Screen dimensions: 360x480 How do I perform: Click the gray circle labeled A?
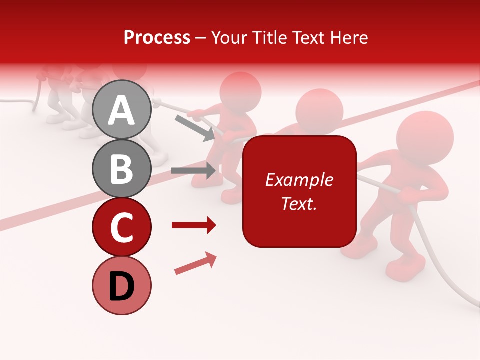(x=121, y=109)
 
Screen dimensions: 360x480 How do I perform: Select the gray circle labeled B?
(x=121, y=168)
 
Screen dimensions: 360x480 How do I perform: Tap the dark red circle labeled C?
(x=121, y=227)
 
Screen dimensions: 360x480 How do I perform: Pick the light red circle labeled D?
(x=121, y=285)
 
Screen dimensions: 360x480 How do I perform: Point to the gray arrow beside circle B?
(x=194, y=171)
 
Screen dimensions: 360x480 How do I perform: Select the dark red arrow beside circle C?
(x=194, y=226)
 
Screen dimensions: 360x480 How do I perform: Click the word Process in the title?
(x=157, y=37)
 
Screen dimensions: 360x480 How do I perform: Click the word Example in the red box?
(x=299, y=180)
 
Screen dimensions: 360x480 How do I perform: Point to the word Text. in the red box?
(x=299, y=203)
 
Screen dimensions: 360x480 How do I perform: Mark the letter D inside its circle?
(x=121, y=287)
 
